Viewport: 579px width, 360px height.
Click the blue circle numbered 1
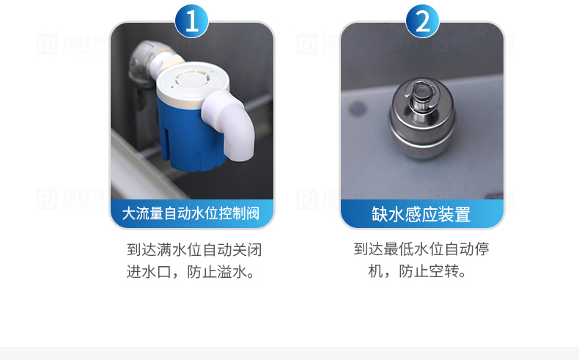[x=191, y=21]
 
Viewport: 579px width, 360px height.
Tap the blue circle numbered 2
[x=422, y=21]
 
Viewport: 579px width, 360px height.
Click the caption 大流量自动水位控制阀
[x=191, y=214]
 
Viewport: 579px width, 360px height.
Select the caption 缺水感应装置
[x=421, y=214]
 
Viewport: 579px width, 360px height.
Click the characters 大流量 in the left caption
[x=142, y=214]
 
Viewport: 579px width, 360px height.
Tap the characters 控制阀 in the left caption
[x=239, y=214]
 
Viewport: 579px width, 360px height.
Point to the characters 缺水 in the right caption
[x=388, y=214]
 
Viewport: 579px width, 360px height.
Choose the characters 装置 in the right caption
[x=455, y=214]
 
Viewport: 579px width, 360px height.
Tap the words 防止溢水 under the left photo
[x=218, y=272]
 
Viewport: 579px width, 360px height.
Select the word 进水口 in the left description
[x=149, y=272]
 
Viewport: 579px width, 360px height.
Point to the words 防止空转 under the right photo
[x=429, y=271]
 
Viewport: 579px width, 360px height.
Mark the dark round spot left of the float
[x=357, y=109]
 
